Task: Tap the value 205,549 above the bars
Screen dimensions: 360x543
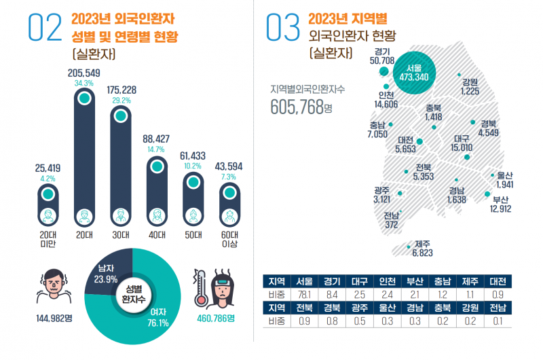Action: click(x=84, y=72)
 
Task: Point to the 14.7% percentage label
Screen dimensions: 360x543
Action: click(x=156, y=149)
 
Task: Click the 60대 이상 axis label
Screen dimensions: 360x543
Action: click(x=229, y=240)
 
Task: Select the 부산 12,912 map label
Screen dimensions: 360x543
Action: click(x=501, y=204)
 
